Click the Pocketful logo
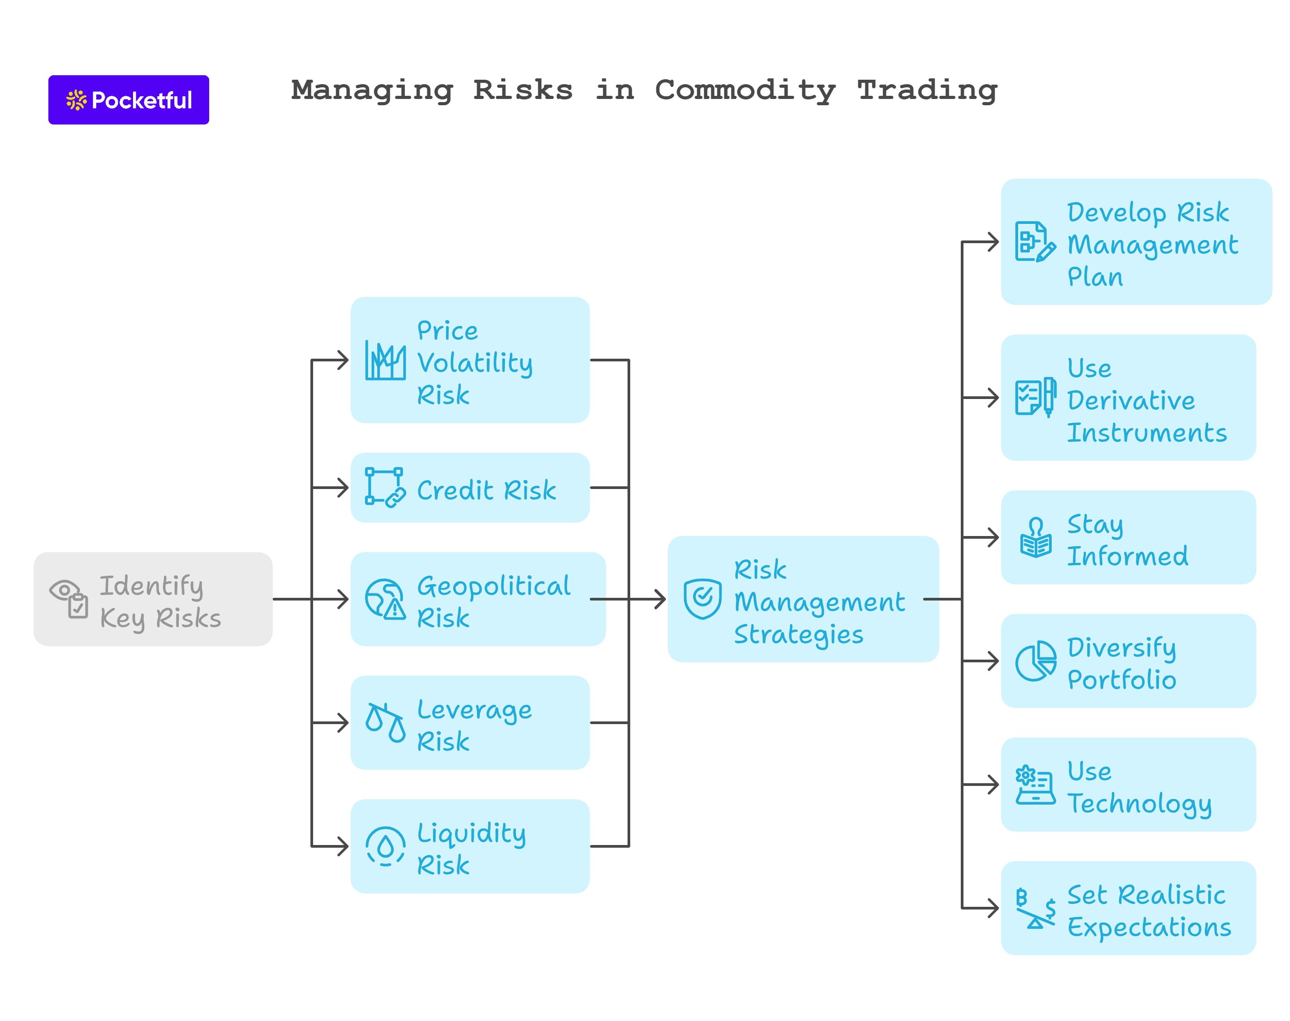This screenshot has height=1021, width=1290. [x=128, y=100]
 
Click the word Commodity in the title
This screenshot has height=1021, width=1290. [x=745, y=90]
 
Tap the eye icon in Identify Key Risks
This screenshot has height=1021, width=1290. [x=64, y=590]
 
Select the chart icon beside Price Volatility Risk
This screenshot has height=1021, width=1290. [x=385, y=360]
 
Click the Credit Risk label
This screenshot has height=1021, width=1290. [x=486, y=490]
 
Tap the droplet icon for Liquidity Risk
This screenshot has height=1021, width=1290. [x=385, y=846]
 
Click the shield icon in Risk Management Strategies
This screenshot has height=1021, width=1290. [x=702, y=598]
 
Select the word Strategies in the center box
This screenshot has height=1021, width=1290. [x=798, y=634]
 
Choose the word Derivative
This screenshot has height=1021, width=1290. [x=1131, y=400]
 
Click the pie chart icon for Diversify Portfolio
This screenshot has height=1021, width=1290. [x=1035, y=661]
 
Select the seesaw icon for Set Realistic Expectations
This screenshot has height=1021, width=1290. [x=1035, y=908]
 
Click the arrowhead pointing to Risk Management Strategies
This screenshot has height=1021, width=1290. [x=659, y=599]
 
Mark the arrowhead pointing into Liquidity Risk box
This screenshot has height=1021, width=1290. [x=343, y=846]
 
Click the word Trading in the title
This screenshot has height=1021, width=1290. [x=927, y=90]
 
